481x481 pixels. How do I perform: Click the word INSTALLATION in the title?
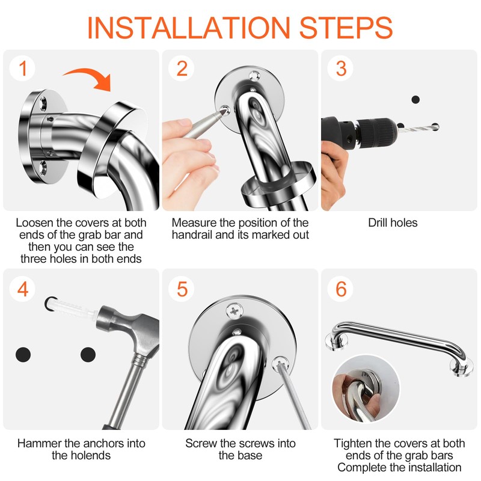click(189, 27)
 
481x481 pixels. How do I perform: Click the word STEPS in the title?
click(346, 27)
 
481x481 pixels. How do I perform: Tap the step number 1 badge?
click(22, 69)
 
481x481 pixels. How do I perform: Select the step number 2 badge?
click(182, 69)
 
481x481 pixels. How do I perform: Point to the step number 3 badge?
click(340, 69)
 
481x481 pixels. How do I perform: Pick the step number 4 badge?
click(22, 289)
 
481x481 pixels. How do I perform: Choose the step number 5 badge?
click(182, 289)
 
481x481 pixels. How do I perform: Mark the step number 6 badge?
click(340, 289)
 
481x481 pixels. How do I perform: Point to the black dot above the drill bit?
click(415, 99)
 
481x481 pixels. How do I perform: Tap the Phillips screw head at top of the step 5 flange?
click(234, 311)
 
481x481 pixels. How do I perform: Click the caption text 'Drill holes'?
click(393, 222)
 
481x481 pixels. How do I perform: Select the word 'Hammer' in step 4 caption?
click(40, 443)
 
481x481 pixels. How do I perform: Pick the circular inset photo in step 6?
click(366, 388)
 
